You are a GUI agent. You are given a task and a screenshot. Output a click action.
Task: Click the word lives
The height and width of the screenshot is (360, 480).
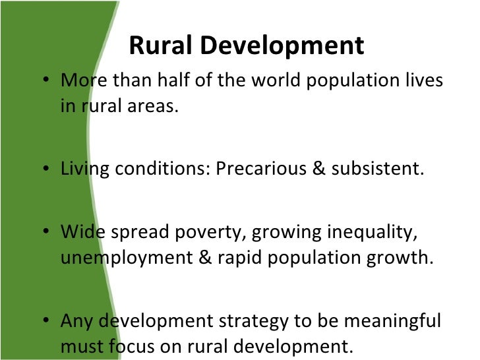[422, 82]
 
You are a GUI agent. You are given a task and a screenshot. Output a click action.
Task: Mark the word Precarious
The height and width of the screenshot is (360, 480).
[258, 169]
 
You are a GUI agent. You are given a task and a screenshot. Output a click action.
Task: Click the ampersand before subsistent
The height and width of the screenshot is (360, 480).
[322, 169]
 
